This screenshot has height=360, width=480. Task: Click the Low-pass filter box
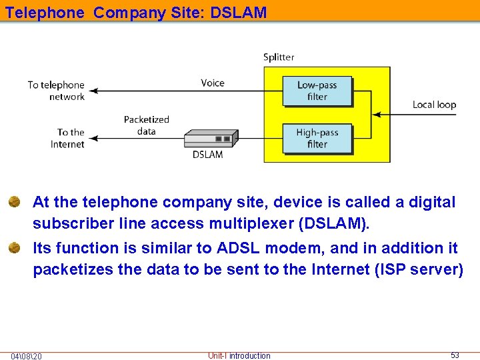click(317, 91)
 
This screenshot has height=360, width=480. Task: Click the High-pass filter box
click(317, 139)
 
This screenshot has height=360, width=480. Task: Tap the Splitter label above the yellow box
click(279, 57)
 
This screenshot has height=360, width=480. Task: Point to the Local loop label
click(434, 105)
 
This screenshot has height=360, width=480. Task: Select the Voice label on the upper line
click(213, 83)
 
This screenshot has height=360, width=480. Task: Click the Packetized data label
click(147, 125)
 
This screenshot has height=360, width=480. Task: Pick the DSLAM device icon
click(210, 138)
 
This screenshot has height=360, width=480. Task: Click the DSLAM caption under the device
click(208, 155)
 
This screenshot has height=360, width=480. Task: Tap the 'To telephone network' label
click(56, 91)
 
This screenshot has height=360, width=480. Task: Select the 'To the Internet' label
click(69, 138)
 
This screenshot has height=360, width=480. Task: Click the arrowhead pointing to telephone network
click(93, 91)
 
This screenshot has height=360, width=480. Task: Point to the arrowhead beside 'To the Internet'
click(93, 139)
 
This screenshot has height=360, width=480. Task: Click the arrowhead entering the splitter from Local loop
click(376, 115)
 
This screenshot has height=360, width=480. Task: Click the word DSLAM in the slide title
click(238, 12)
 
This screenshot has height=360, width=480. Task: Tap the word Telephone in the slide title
click(45, 12)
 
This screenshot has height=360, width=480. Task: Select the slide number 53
click(455, 355)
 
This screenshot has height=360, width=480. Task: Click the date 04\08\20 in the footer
click(26, 356)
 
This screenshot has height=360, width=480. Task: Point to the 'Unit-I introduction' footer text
click(239, 356)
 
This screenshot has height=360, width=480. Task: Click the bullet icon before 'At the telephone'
click(14, 202)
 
